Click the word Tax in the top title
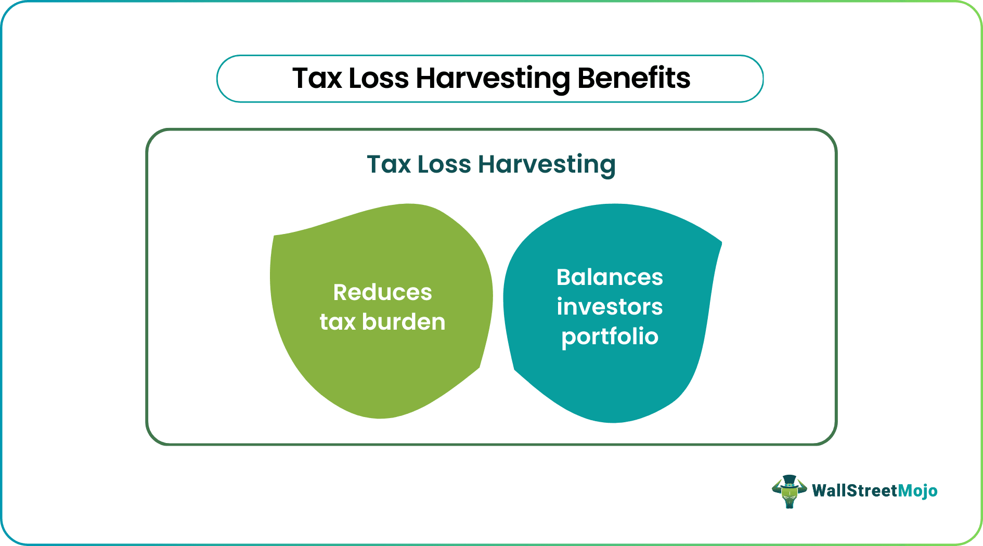pos(317,79)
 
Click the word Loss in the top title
pos(379,79)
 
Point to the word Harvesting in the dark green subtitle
pos(547,165)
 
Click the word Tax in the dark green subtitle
pos(389,164)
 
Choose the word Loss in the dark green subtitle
pos(444,164)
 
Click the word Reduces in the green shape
pos(382,292)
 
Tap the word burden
pos(404,322)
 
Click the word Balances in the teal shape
pos(610,277)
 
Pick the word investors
pos(610,307)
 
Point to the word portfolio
pos(610,337)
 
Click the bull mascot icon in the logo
pos(789,492)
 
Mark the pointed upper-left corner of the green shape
pos(275,237)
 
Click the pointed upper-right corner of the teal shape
pos(720,242)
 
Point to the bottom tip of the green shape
pos(381,417)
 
